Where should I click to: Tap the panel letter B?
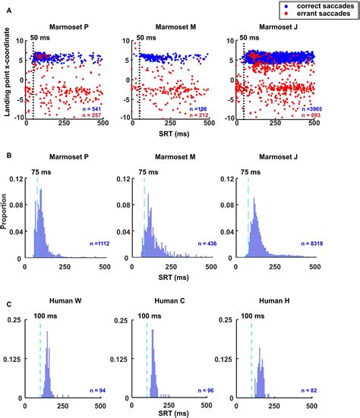(x=7, y=155)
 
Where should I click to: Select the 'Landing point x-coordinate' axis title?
(x=9, y=77)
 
